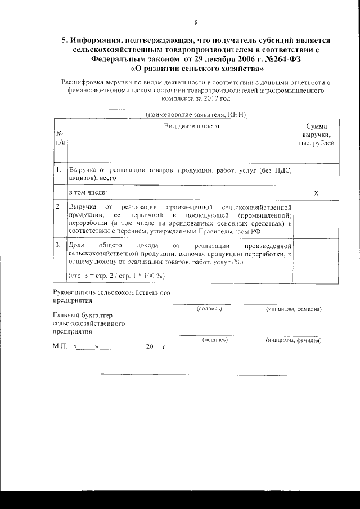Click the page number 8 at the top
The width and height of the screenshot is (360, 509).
196,23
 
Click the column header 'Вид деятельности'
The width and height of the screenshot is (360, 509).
191,126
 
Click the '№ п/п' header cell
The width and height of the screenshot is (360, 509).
60,138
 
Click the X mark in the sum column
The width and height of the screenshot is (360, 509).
316,193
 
